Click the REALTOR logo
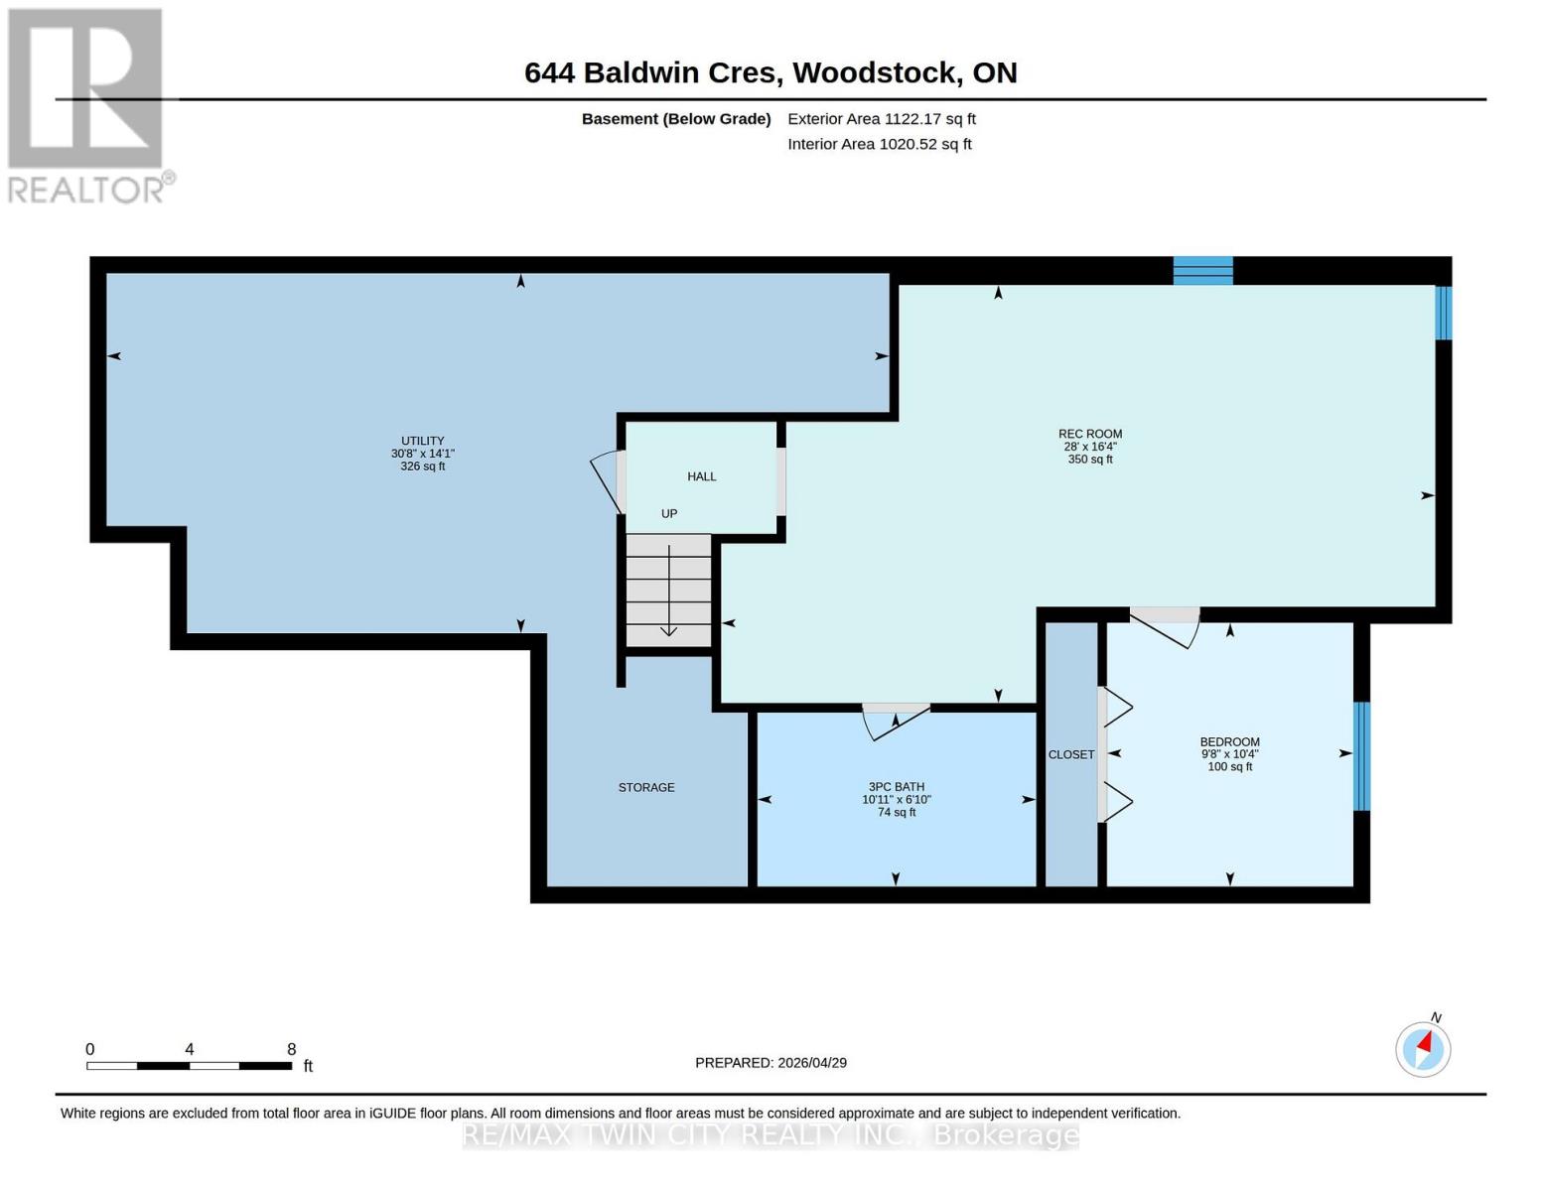pos(87,104)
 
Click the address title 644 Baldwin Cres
pos(771,72)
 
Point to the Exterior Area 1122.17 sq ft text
pos(881,119)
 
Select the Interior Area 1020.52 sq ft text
pos(879,144)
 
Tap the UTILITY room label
pos(422,454)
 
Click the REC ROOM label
pos(1089,447)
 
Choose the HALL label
pos(701,476)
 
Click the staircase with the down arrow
pos(668,591)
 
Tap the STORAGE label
pos(646,787)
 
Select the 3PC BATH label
pos(896,799)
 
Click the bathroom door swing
pos(894,720)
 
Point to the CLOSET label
pos(1071,754)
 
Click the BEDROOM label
pos(1229,753)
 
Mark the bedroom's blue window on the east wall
pos(1361,755)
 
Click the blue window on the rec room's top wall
pos(1202,270)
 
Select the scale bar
pos(189,1065)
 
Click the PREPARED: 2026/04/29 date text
pos(771,1062)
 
